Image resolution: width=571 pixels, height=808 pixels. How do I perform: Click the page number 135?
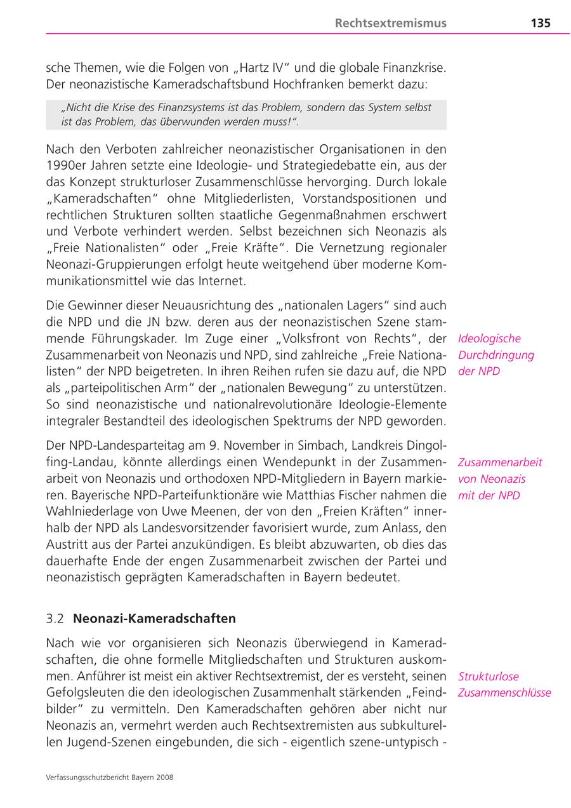click(x=541, y=24)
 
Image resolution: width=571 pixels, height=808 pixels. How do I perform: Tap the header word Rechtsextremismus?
click(x=391, y=24)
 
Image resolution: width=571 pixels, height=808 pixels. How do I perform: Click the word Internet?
click(x=223, y=281)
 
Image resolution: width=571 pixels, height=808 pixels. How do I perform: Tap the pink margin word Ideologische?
click(x=489, y=339)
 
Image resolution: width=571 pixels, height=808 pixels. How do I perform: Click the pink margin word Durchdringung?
click(x=496, y=355)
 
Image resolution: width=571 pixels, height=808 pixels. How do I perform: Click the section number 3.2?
click(x=55, y=619)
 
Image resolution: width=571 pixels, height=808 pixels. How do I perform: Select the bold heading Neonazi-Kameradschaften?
click(x=155, y=619)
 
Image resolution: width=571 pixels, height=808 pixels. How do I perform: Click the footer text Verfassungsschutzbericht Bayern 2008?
click(x=110, y=778)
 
